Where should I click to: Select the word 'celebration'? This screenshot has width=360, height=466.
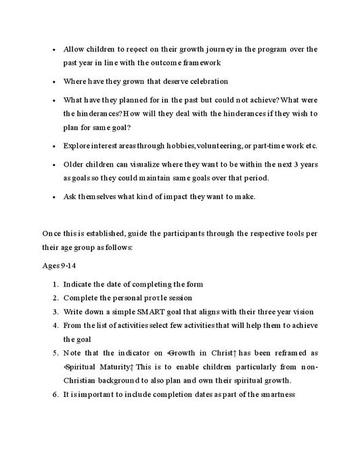(203, 81)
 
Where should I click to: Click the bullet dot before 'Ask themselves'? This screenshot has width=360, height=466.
(53, 196)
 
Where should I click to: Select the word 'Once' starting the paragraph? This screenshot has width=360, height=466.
(51, 234)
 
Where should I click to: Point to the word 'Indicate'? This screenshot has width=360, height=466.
(79, 284)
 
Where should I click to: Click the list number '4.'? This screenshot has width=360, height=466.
(55, 325)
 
